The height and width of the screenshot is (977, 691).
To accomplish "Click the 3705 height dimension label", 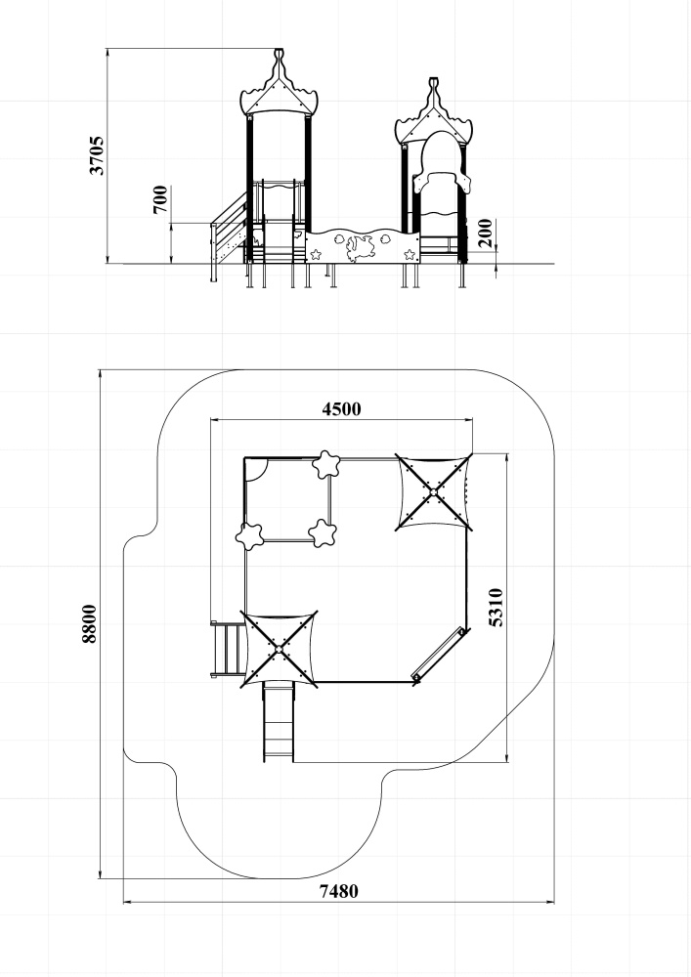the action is (x=97, y=155).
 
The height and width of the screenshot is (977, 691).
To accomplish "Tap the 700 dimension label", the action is (x=160, y=199).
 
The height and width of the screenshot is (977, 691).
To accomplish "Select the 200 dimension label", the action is (x=486, y=234).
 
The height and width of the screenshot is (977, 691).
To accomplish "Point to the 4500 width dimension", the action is (x=341, y=408).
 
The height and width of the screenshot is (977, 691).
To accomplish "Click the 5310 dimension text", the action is (x=496, y=607).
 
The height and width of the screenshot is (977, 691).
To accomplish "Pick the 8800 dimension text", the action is (x=90, y=623).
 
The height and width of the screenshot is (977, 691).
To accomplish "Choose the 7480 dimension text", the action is (x=339, y=892).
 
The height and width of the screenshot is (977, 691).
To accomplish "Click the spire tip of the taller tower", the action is (x=280, y=51).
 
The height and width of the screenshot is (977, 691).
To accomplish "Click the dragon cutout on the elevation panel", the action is (x=360, y=248).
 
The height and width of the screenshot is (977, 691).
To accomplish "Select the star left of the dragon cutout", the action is (x=316, y=254).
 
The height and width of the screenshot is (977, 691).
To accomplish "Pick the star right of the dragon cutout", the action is (x=410, y=254).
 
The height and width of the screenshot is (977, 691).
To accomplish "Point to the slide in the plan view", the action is (x=279, y=722).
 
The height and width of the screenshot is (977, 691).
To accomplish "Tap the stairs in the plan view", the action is (x=228, y=650).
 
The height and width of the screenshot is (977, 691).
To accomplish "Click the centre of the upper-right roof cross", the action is (x=433, y=493).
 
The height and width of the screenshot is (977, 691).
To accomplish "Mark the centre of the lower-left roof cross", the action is (x=279, y=650).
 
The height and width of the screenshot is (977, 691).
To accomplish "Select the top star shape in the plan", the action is (x=325, y=464).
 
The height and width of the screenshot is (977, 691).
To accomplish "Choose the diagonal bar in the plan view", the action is (x=439, y=654).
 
